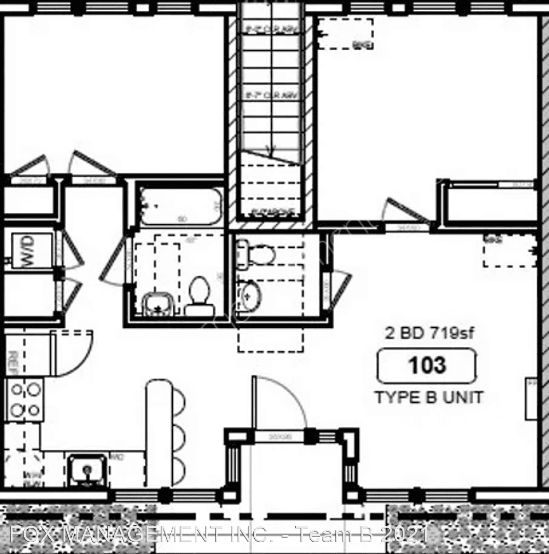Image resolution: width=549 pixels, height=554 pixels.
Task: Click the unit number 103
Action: tap(426, 365)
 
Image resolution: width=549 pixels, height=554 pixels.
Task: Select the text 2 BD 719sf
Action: tap(430, 334)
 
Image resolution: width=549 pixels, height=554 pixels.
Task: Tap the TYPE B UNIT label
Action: tap(429, 397)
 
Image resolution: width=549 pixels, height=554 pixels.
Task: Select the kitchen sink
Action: tap(88, 469)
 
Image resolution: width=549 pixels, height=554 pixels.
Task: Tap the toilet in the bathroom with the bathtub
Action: tap(199, 298)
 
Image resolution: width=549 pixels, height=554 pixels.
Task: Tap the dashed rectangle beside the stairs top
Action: tap(345, 34)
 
